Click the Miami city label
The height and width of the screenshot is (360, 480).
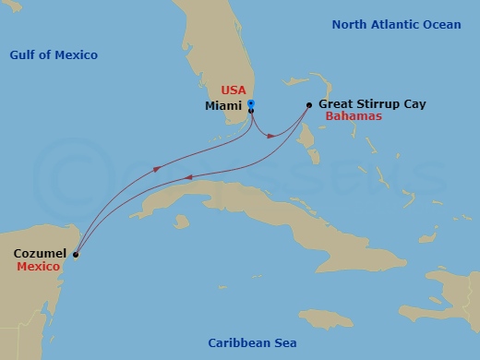point(223,106)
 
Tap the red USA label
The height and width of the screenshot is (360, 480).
point(233,90)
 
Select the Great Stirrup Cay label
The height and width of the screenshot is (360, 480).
point(372,105)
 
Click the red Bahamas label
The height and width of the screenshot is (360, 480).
point(354,118)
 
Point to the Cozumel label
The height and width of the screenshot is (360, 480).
point(40,252)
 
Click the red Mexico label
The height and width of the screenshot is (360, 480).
point(39,266)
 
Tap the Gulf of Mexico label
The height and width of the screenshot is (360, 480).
point(54,55)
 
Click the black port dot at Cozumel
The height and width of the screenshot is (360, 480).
point(76,255)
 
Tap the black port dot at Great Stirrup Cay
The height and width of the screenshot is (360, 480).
point(308,105)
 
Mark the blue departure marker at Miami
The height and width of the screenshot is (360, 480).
point(251,102)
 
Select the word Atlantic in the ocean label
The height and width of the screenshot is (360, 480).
point(398,24)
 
